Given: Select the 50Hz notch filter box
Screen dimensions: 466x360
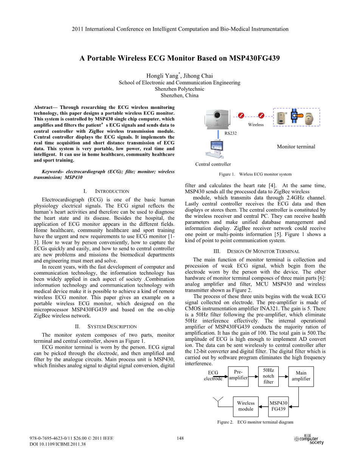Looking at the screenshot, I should (x=268, y=376).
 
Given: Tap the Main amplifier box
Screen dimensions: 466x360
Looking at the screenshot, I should (x=301, y=376).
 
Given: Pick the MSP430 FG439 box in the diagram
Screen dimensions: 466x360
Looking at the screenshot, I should (x=278, y=406).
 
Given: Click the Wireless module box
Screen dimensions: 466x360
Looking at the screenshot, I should (x=246, y=406).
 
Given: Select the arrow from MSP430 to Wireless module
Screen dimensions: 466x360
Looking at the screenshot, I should (x=263, y=406).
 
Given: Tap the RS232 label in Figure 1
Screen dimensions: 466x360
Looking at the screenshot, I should (x=231, y=133).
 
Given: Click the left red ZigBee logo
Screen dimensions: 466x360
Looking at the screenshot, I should (x=241, y=115).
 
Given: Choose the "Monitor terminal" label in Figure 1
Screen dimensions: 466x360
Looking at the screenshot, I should (x=296, y=147).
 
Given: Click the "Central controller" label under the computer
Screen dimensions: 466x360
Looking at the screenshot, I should (x=213, y=164).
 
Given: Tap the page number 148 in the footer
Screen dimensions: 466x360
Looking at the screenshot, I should (x=180, y=438).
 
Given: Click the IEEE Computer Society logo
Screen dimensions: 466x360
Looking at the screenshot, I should (x=309, y=440).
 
